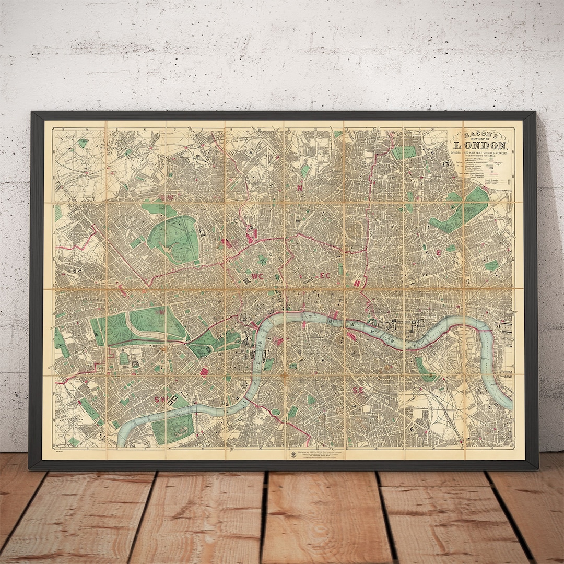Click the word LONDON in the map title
(480, 146)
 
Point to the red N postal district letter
(300, 188)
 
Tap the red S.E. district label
(358, 390)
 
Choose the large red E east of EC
(439, 252)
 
